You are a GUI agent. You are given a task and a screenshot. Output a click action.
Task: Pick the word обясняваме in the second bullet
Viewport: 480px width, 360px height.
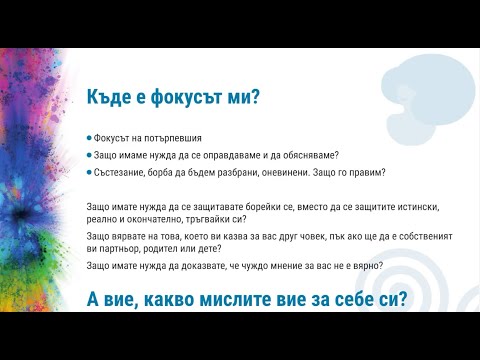(x=305, y=155)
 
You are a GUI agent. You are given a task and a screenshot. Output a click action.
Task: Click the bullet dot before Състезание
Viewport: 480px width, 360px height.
(x=90, y=172)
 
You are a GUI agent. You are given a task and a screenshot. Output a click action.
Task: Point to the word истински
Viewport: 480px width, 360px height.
(x=408, y=204)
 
